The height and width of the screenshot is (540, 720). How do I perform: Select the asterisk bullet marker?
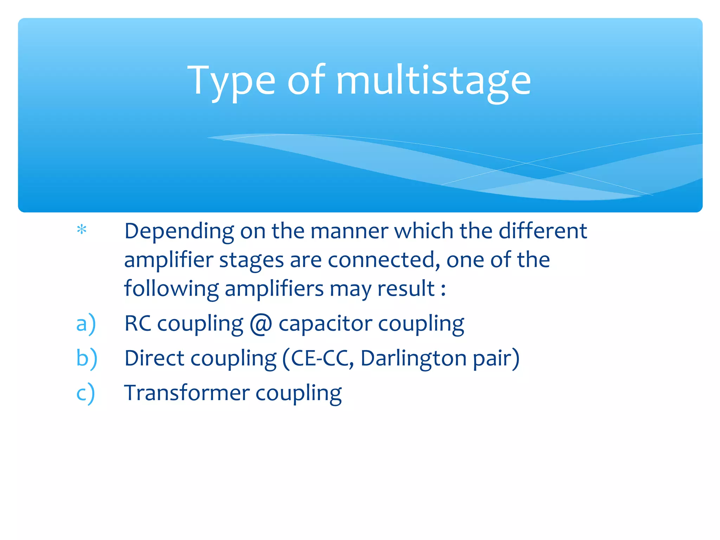82,230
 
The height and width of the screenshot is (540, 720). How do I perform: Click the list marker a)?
86,323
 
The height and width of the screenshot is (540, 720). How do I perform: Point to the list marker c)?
85,393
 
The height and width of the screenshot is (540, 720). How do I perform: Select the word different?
543,231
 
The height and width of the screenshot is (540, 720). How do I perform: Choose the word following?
171,289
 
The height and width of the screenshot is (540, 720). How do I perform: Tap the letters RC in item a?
138,323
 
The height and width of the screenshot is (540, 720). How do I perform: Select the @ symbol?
261,324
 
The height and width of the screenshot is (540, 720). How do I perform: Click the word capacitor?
325,323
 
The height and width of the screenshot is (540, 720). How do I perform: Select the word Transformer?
187,393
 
